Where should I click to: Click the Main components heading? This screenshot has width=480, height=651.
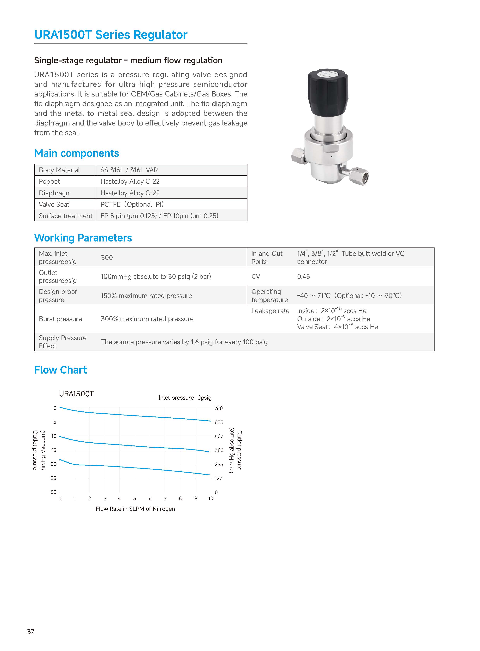coord(77,153)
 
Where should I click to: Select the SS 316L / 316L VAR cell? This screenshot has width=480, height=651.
coord(129,170)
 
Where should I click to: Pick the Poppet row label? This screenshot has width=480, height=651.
coord(49,182)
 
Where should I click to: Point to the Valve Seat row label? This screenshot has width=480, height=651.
coord(54,204)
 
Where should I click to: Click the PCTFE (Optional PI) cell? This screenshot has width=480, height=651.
coord(132,204)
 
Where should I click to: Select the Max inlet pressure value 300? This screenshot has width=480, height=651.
coord(107,258)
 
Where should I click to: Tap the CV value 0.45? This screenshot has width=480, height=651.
coord(303,276)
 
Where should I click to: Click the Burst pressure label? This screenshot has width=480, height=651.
coord(60,319)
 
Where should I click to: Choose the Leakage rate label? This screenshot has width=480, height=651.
coord(270,311)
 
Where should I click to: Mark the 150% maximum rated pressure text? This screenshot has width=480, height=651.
coord(146,296)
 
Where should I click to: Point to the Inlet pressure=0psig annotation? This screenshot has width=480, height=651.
coord(185,398)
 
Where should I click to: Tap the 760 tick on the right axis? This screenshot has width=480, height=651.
coord(218,409)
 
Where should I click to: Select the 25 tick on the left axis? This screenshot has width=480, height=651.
coord(53,478)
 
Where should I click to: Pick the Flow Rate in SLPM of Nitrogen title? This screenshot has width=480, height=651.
coord(135,509)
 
